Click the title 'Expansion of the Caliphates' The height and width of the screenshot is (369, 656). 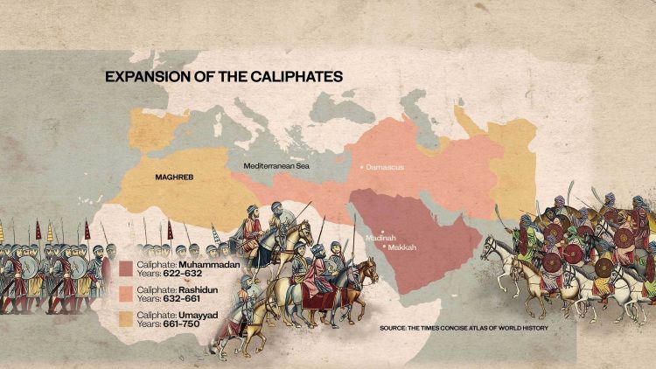tap(223, 77)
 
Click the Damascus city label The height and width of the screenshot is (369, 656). tap(385, 166)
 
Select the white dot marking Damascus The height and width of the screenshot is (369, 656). tap(361, 166)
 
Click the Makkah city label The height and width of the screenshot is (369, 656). tap(401, 247)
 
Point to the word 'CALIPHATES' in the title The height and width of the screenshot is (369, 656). tap(294, 77)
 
